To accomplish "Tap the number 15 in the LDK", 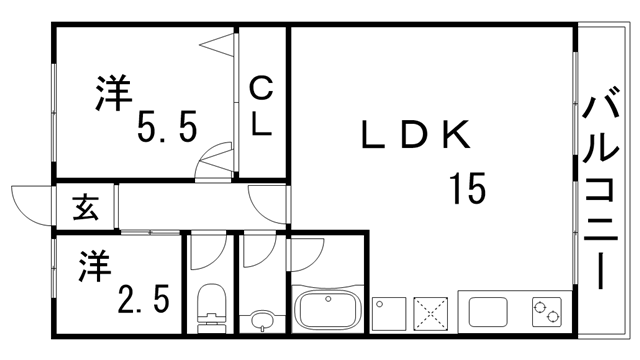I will [467, 186].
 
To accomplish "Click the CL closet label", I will [261, 107].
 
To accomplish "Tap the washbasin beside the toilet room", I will [263, 319].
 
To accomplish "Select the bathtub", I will [328, 310].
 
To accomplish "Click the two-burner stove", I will [548, 313].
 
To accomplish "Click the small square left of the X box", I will [387, 313].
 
